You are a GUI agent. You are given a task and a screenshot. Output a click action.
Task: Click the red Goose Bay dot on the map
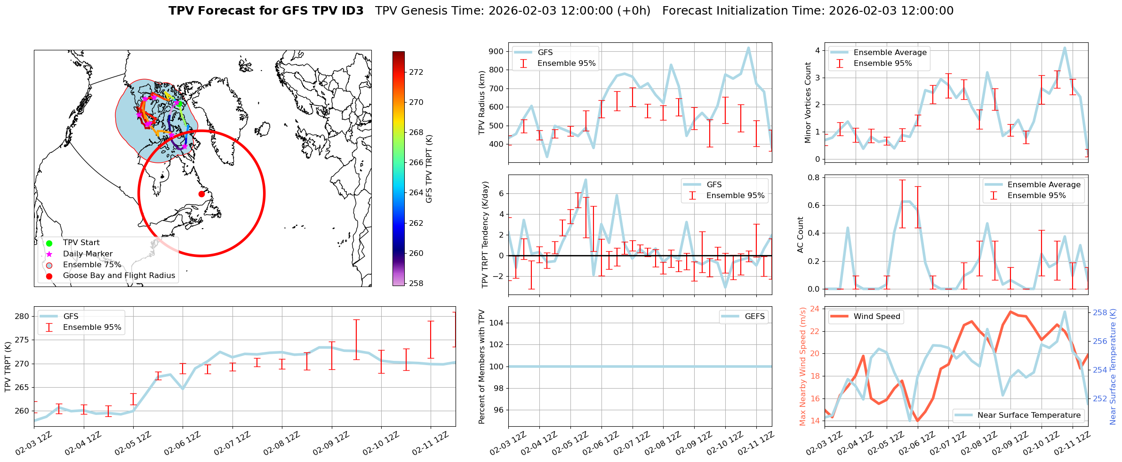click(201, 194)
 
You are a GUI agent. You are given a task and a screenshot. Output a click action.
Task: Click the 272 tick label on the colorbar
click(416, 72)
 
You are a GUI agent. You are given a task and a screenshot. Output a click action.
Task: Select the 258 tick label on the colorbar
click(416, 283)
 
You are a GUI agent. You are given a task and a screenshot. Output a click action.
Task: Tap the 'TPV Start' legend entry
click(81, 243)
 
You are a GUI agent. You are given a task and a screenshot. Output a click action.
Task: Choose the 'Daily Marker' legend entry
click(88, 254)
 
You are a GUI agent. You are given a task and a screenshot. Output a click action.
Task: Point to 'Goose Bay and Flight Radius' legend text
click(119, 276)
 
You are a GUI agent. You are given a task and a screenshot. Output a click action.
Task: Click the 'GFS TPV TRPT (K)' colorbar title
click(429, 169)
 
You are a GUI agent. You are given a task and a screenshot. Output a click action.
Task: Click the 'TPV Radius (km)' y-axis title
click(482, 103)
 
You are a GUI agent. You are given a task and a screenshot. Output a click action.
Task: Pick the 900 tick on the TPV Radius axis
click(496, 51)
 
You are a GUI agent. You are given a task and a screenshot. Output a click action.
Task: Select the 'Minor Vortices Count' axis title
click(808, 103)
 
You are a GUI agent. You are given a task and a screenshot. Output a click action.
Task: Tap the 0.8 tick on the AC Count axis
click(814, 177)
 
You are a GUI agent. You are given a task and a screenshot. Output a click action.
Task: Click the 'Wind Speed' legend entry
click(876, 317)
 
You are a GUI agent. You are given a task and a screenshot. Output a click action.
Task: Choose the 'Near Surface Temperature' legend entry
click(1029, 415)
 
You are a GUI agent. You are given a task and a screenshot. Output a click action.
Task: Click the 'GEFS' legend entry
click(754, 317)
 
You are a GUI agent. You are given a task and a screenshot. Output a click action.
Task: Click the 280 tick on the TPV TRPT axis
click(22, 316)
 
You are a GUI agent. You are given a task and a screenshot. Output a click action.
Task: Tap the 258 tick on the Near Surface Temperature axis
click(1100, 312)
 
